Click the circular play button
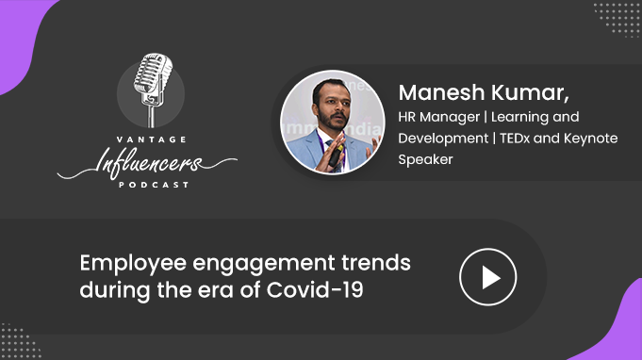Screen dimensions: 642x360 [x=487, y=277]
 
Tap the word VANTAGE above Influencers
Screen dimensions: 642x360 [x=152, y=139]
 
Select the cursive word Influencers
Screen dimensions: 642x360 [x=147, y=163]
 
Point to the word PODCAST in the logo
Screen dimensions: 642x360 [x=154, y=185]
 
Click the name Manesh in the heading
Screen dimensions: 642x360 [x=441, y=92]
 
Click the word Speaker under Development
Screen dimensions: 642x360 [x=425, y=160]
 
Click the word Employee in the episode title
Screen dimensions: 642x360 [x=133, y=264]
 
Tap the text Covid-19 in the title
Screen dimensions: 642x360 [x=315, y=290]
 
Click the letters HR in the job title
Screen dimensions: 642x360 [x=407, y=117]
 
